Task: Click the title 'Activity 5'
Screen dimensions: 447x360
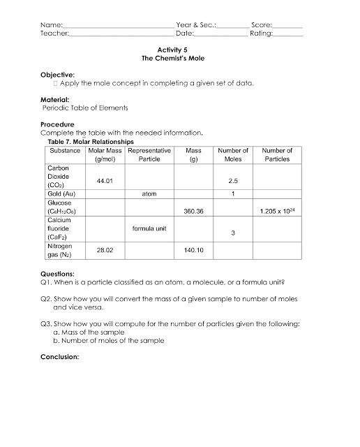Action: click(x=180, y=50)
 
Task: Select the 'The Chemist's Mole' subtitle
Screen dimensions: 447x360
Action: click(x=180, y=59)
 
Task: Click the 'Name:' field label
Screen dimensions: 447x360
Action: click(x=52, y=24)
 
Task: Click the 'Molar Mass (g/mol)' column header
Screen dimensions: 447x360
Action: click(x=106, y=154)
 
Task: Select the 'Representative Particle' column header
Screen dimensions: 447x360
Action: click(x=150, y=154)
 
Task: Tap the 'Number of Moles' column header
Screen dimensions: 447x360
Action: click(x=234, y=154)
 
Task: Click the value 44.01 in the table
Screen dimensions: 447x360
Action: click(x=105, y=181)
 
